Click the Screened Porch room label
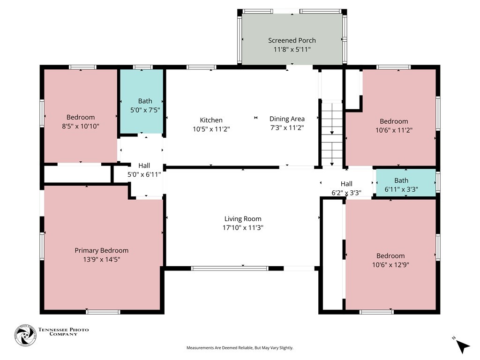point(292,40)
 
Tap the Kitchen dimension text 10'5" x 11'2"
point(211,129)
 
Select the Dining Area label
point(287,119)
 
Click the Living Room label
point(243,219)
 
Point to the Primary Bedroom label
point(101,251)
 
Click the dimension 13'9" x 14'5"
point(101,260)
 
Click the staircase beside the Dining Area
point(332,135)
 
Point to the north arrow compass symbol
point(462,345)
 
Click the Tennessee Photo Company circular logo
point(25,335)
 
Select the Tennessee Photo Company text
point(63,332)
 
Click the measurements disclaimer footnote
point(240,348)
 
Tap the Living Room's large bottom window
point(230,269)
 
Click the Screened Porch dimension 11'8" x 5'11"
point(292,49)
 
